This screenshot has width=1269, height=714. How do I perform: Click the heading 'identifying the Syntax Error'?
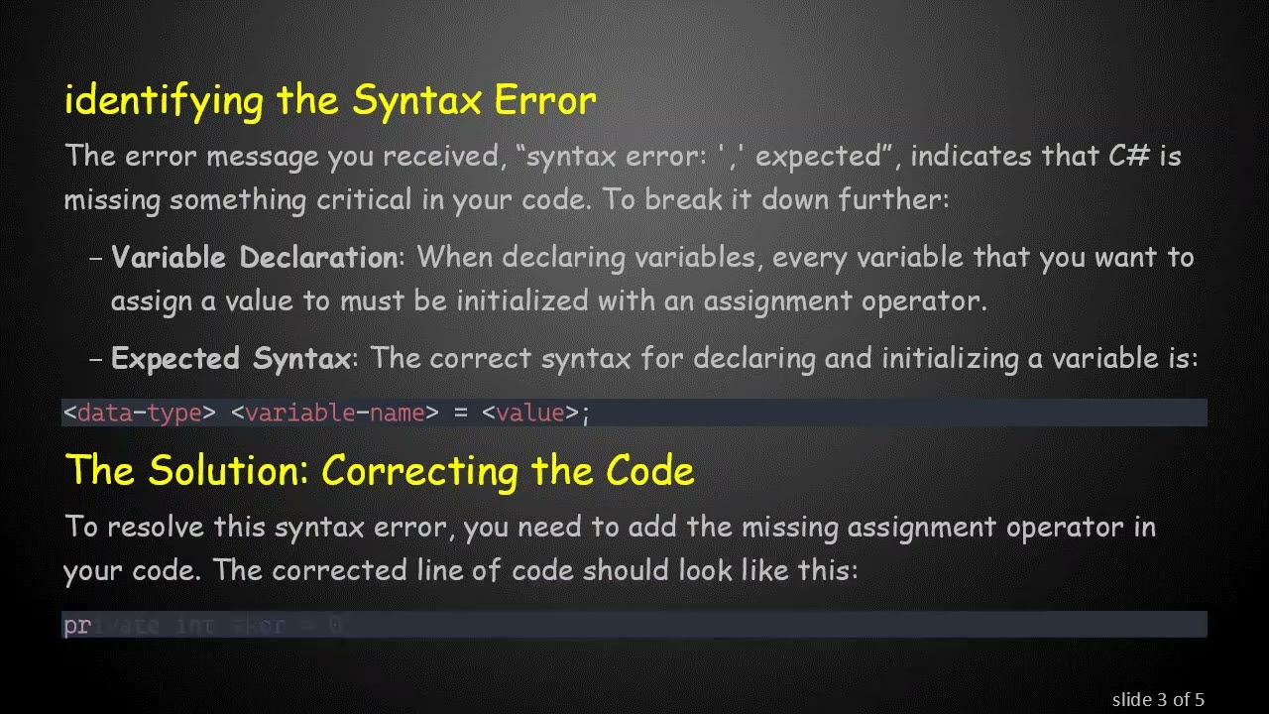pos(330,101)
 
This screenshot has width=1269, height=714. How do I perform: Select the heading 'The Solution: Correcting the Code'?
pos(379,470)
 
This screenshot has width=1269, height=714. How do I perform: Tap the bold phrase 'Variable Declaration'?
pos(254,258)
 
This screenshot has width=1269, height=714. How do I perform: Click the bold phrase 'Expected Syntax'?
pos(231,358)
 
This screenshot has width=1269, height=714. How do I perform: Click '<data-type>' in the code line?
pos(139,413)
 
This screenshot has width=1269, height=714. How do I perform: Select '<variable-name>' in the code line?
pos(334,413)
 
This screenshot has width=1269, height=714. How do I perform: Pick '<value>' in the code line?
pos(529,413)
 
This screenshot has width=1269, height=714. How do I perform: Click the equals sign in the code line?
pos(460,413)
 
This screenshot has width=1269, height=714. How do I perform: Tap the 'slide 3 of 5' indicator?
pos(1158,700)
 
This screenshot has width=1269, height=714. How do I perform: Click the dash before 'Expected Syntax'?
pos(96,359)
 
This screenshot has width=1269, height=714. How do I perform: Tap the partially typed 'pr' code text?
pos(76,626)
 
